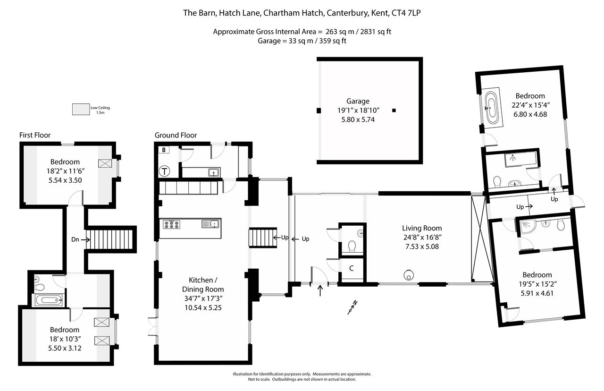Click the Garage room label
358,101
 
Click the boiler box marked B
164,150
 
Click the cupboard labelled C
352,269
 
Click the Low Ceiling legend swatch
81,109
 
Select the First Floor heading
35,135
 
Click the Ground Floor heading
176,135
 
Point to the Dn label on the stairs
75,239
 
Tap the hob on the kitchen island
172,224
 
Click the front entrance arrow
321,291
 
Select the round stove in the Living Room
408,274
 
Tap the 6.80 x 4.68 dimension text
530,114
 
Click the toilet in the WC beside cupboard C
352,246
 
